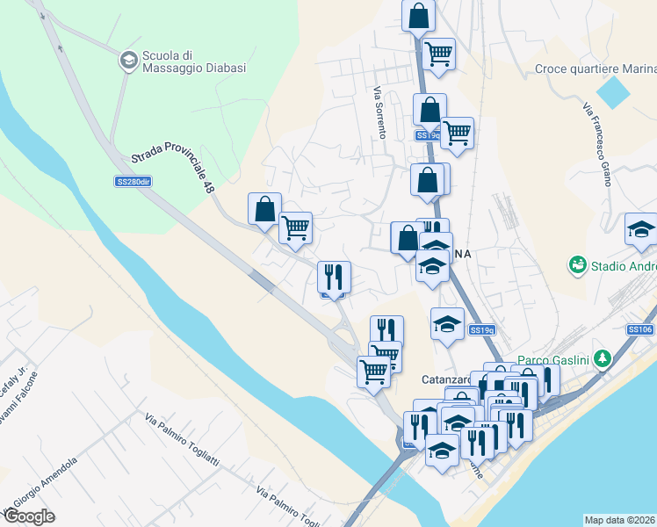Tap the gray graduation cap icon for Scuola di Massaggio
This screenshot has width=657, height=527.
pos(128,60)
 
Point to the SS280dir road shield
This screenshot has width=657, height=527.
pos(134,182)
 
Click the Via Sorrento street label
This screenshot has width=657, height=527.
pos(379,112)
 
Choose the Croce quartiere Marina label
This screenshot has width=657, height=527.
pos(596,69)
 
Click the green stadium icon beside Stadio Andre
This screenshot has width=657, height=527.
pos(577,263)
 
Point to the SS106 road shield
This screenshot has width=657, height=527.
pos(639,329)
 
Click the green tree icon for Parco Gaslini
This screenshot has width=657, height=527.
pos(603,358)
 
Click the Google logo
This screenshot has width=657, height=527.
pos(29,516)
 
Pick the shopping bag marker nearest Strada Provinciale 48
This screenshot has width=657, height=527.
pos(264,209)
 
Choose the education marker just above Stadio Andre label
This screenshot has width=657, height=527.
pos(642,229)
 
